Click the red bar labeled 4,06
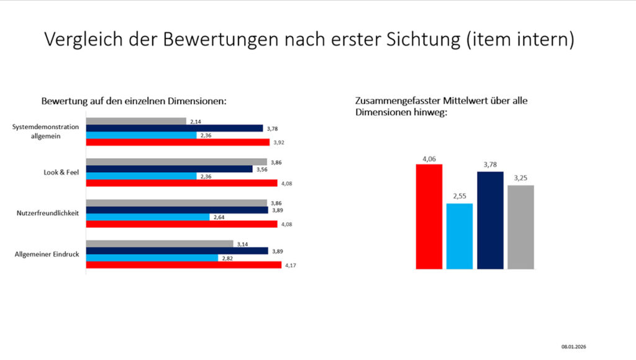429,217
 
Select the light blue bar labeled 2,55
460,236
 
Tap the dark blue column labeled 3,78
490,220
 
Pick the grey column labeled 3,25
520,227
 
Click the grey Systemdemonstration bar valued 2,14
135,121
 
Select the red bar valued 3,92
177,142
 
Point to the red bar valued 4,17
183,265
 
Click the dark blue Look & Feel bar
168,169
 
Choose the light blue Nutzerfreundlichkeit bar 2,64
147,217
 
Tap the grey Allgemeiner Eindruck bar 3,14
159,244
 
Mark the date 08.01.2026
575,346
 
